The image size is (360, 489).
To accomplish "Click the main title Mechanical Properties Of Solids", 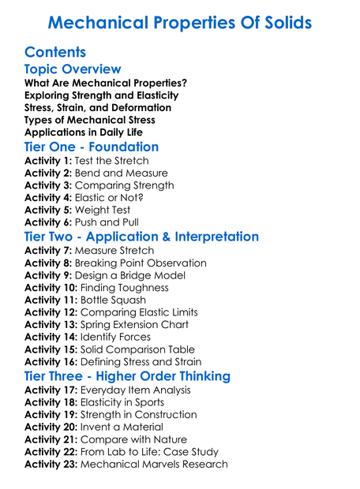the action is pos(180,22).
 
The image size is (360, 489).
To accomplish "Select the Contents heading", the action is pos(55,53).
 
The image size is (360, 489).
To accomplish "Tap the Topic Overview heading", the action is pos(73,70).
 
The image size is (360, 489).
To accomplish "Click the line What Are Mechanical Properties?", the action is pos(105,83).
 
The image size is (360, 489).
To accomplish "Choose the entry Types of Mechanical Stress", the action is pos(89,120).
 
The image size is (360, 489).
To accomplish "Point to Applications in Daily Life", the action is pos(84,133).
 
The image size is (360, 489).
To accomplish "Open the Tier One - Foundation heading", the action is pos(92,147).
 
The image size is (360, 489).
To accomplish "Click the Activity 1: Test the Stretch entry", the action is pos(87,161).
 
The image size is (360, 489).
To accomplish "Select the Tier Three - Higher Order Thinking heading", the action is pos(138,376).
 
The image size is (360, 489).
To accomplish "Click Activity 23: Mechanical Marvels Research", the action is pos(126,464).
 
